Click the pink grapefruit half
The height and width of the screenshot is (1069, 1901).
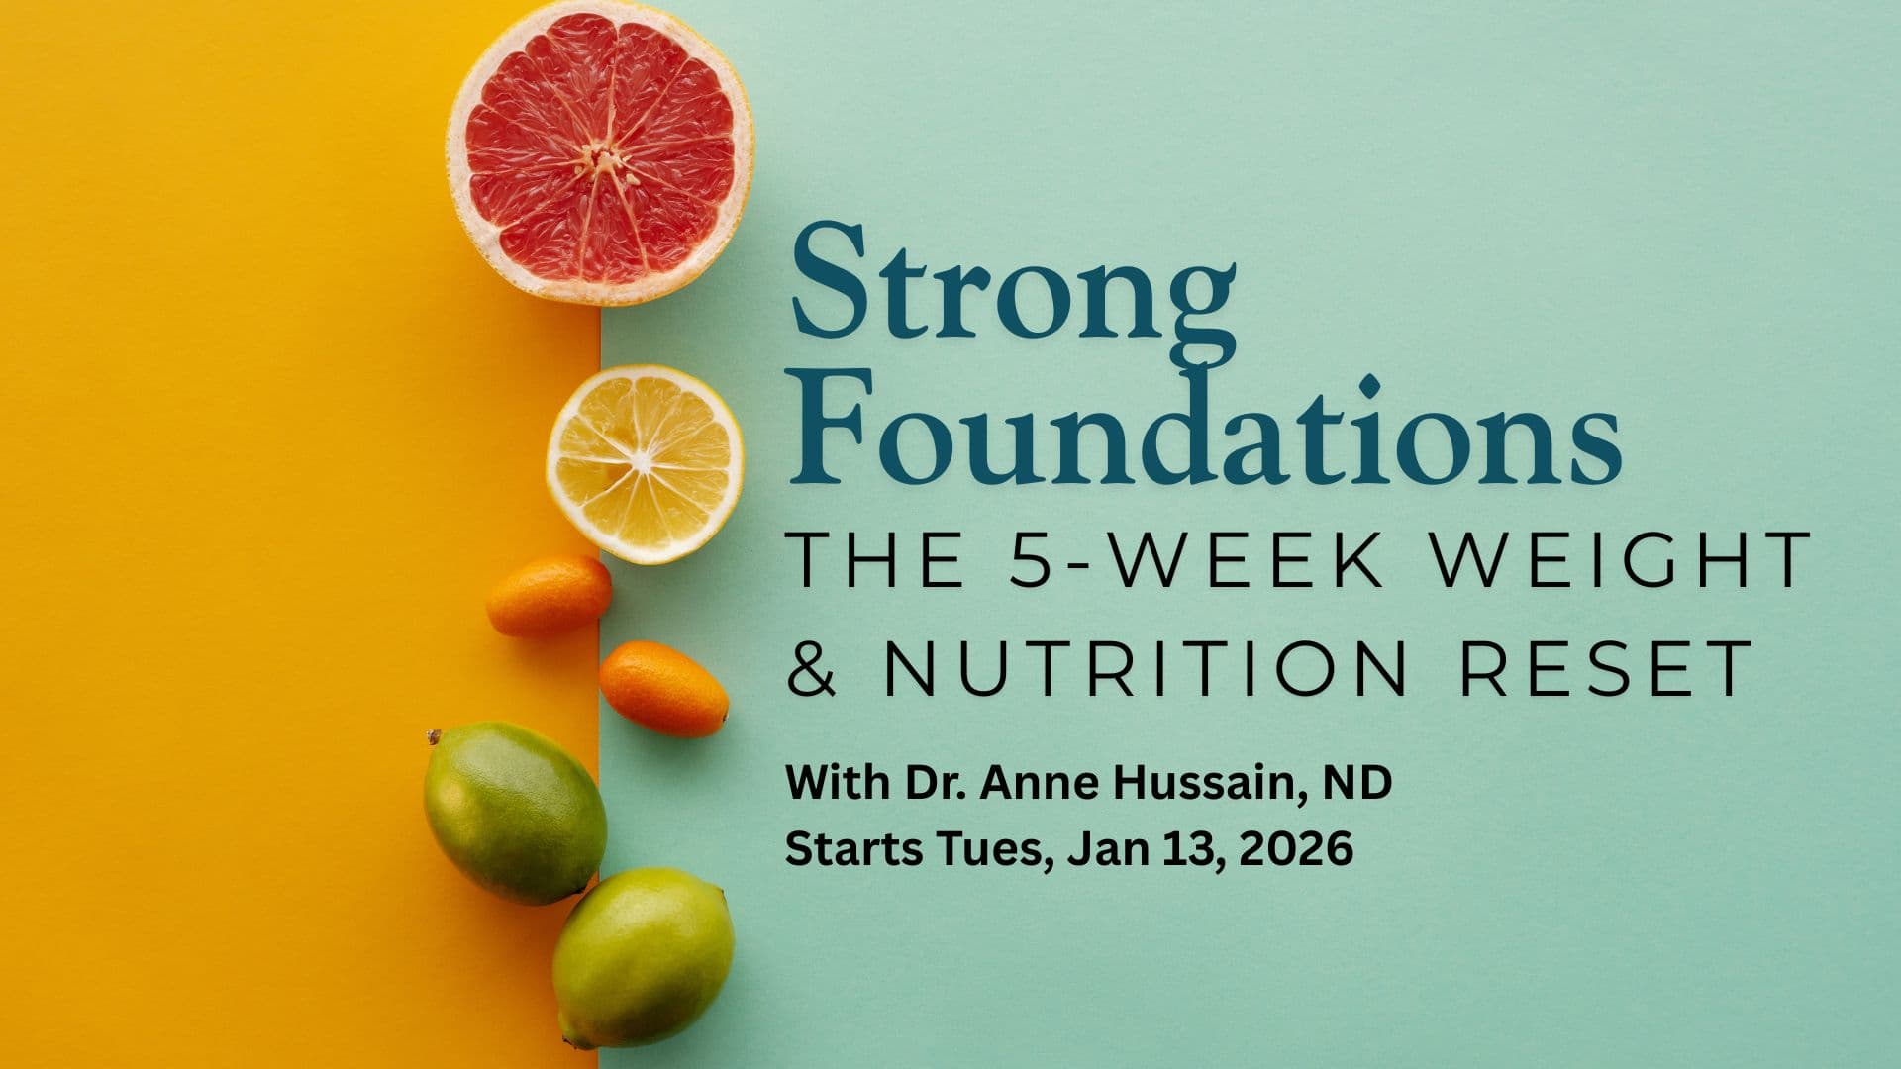pyautogui.click(x=599, y=153)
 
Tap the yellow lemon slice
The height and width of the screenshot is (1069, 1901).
pyautogui.click(x=645, y=464)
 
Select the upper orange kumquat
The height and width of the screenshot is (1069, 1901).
pyautogui.click(x=549, y=595)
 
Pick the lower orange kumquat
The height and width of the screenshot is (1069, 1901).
pyautogui.click(x=663, y=688)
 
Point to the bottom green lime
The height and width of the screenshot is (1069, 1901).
pyautogui.click(x=643, y=956)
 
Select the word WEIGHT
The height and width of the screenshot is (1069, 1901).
pyautogui.click(x=1622, y=560)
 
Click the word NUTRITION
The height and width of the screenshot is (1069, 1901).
pyautogui.click(x=1145, y=668)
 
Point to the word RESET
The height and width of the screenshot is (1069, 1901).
pyautogui.click(x=1605, y=668)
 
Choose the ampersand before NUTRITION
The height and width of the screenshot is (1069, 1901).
pyautogui.click(x=812, y=669)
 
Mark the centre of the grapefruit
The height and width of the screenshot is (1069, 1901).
pyautogui.click(x=599, y=155)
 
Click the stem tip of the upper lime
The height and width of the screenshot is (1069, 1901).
pyautogui.click(x=433, y=736)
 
